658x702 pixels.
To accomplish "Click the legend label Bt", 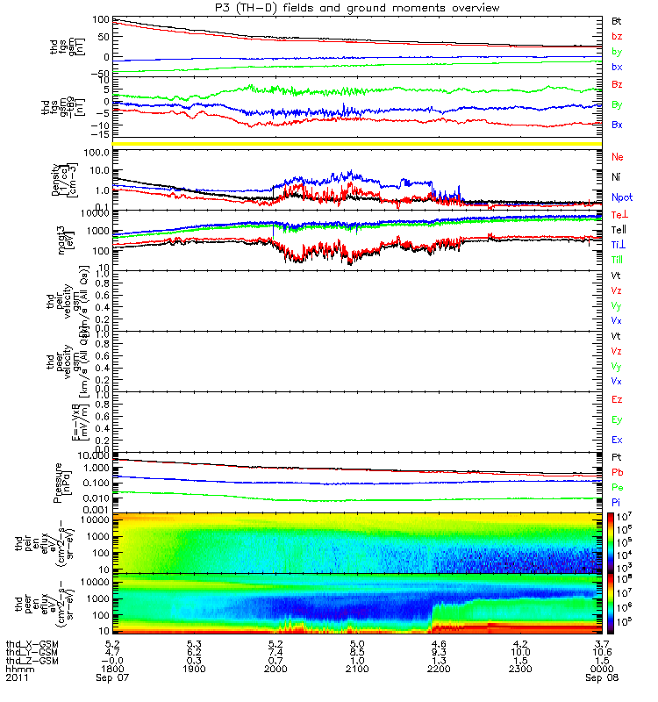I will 617,20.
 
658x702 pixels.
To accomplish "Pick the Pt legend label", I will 617,457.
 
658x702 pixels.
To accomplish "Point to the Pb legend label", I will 618,472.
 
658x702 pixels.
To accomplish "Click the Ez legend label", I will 618,399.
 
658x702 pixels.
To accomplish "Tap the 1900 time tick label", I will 194,670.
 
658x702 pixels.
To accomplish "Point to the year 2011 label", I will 17,678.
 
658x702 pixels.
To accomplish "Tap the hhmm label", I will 17,670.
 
